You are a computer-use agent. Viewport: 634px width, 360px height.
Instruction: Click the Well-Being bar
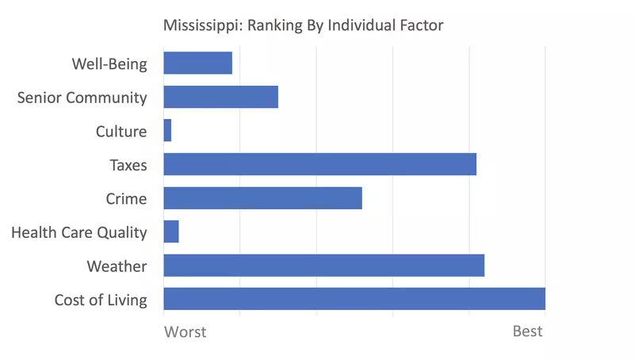click(197, 63)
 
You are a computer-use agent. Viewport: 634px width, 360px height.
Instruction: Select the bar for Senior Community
click(220, 97)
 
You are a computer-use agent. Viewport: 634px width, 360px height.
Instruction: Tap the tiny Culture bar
click(167, 130)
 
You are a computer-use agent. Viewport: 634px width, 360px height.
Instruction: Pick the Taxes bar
click(319, 164)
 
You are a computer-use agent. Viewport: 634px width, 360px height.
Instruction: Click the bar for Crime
click(262, 197)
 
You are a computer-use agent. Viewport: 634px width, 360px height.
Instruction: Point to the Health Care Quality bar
click(171, 232)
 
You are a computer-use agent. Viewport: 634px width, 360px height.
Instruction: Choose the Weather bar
click(323, 266)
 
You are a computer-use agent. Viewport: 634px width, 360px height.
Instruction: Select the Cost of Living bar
click(354, 299)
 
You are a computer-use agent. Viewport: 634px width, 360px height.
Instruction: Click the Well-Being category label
click(109, 64)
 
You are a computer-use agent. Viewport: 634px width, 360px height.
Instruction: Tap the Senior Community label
click(82, 98)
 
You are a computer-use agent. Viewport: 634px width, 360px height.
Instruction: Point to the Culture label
click(121, 132)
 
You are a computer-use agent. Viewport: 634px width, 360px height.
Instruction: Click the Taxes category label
click(128, 165)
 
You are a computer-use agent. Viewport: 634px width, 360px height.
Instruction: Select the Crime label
click(126, 198)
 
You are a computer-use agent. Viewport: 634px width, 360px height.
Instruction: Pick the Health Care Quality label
click(79, 232)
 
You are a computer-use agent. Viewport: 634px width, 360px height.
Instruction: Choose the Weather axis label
click(116, 266)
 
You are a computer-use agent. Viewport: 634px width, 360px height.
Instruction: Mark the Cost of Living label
click(101, 300)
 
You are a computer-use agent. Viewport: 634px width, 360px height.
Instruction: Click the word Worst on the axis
click(185, 331)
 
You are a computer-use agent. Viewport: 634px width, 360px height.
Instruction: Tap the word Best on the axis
click(528, 331)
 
